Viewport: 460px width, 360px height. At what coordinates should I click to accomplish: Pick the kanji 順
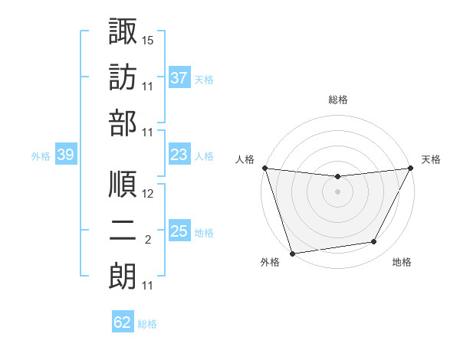[x=123, y=184]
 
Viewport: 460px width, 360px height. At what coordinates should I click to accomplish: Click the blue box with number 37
[x=179, y=77]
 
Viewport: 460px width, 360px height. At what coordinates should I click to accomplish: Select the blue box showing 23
[x=179, y=155]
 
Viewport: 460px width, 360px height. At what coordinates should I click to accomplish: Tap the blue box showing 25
[x=179, y=231]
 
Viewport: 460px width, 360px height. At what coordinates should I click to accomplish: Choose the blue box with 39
[x=66, y=155]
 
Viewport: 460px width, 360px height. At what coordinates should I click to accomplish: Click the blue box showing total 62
[x=123, y=322]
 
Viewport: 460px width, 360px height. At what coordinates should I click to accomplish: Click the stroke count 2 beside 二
[x=148, y=240]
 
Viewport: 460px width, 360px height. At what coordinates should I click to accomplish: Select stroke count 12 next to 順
[x=148, y=194]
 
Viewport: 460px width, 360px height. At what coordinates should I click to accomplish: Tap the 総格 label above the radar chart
[x=337, y=100]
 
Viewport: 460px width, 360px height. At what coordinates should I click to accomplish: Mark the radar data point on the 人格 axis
[x=264, y=168]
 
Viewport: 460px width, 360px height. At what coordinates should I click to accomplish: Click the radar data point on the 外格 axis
[x=292, y=253]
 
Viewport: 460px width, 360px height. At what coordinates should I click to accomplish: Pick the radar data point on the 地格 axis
[x=374, y=242]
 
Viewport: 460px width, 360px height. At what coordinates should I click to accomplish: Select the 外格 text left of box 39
[x=40, y=156]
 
